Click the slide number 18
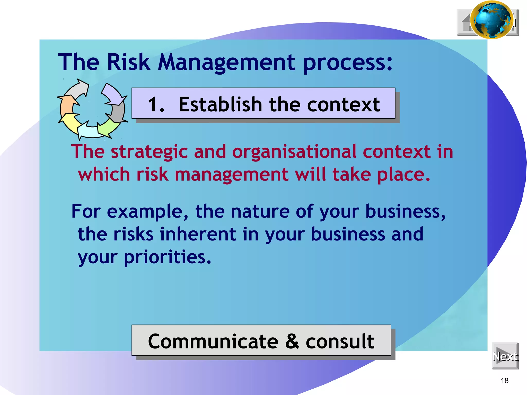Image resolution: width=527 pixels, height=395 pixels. tap(505, 381)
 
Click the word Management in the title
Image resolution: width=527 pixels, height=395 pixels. tap(227, 62)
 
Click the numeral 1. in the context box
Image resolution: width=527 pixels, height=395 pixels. tap(156, 105)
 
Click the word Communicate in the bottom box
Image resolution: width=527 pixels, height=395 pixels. tap(213, 341)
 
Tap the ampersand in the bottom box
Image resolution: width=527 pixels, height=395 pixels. tap(292, 341)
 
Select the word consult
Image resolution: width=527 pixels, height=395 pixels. tap(340, 341)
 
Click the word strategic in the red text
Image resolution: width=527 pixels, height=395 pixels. tap(149, 152)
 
